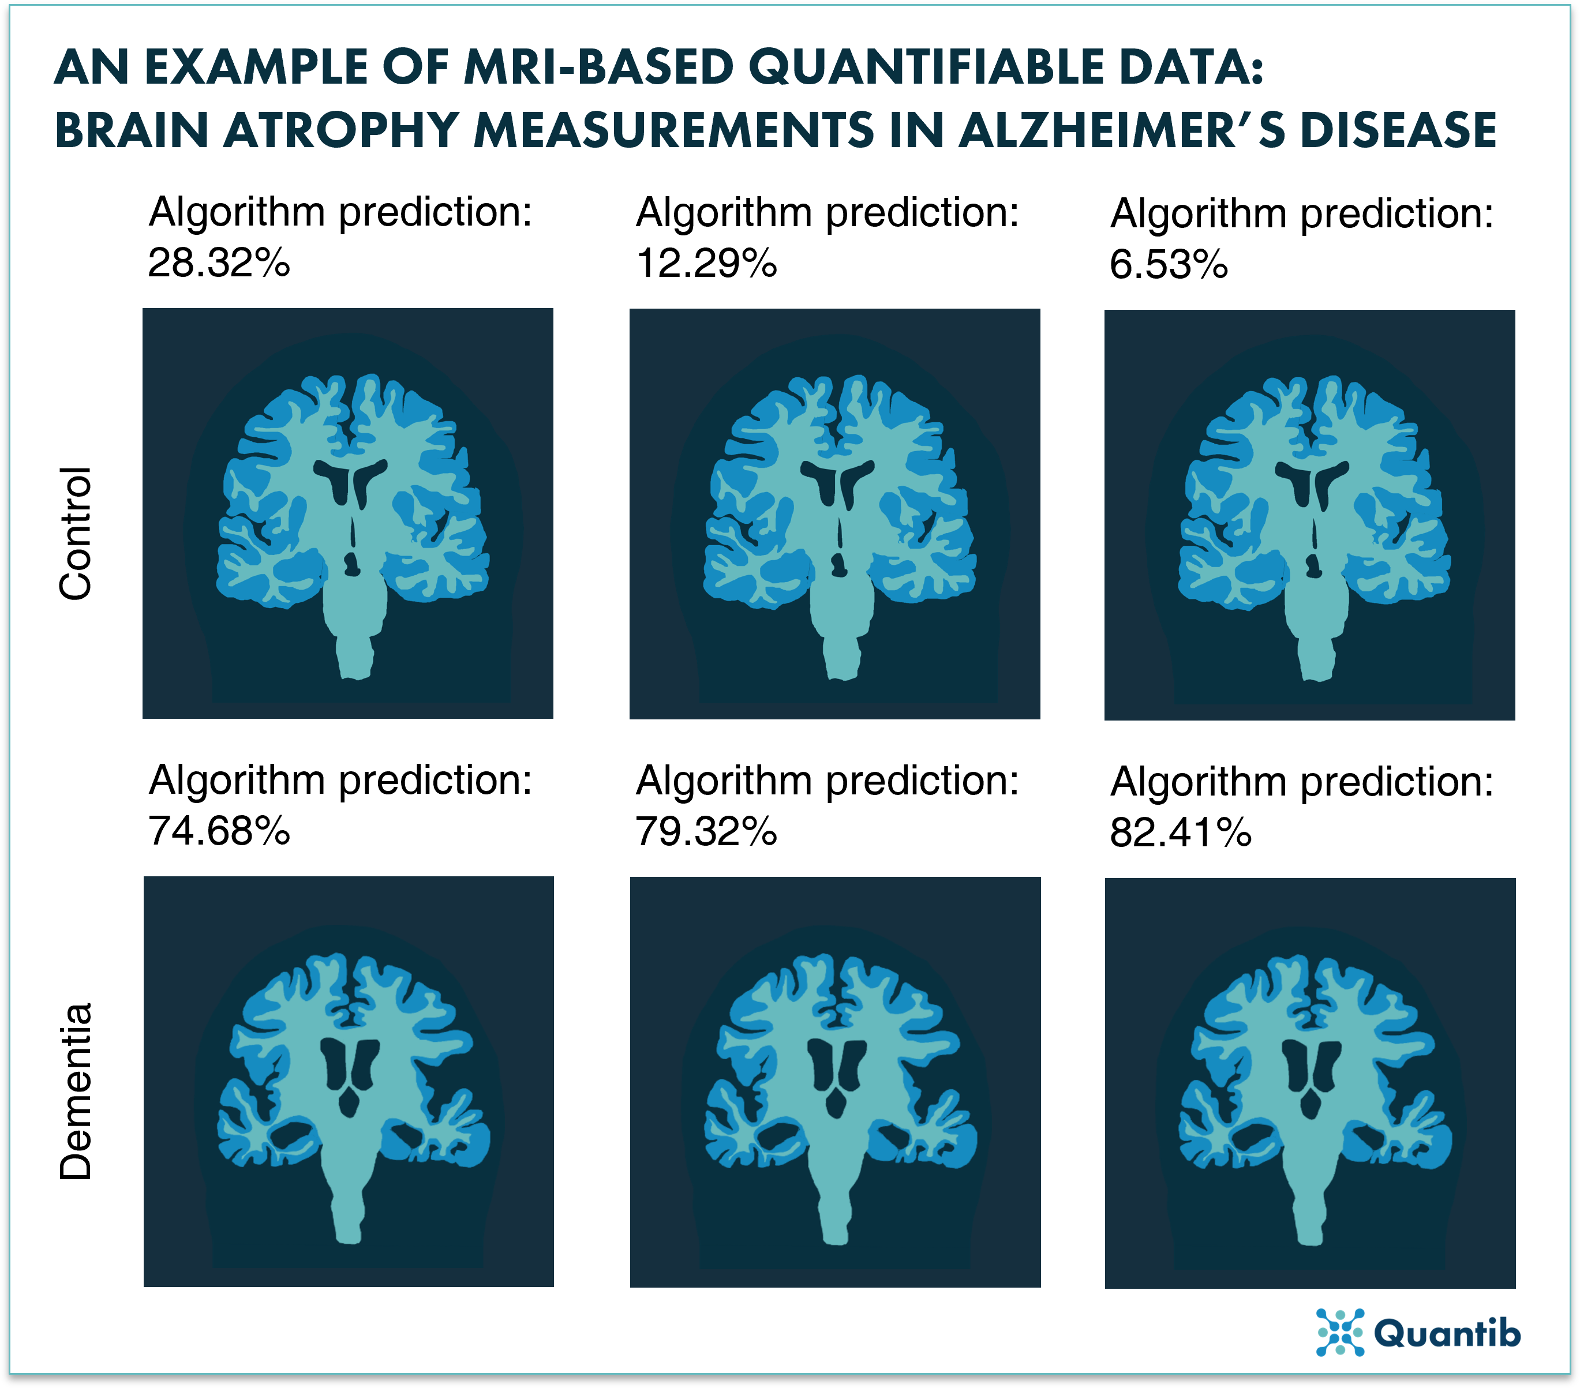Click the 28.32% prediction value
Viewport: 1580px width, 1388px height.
219,264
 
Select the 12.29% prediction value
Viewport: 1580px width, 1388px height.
706,264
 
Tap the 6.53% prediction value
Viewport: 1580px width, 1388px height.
1168,265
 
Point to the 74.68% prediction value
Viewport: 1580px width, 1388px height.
219,831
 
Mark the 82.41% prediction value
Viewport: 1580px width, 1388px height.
1180,833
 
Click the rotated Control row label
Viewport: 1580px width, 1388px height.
76,533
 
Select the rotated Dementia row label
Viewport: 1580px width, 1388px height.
76,1091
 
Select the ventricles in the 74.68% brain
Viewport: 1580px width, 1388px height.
349,1067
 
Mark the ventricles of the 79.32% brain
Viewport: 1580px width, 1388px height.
836,1067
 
